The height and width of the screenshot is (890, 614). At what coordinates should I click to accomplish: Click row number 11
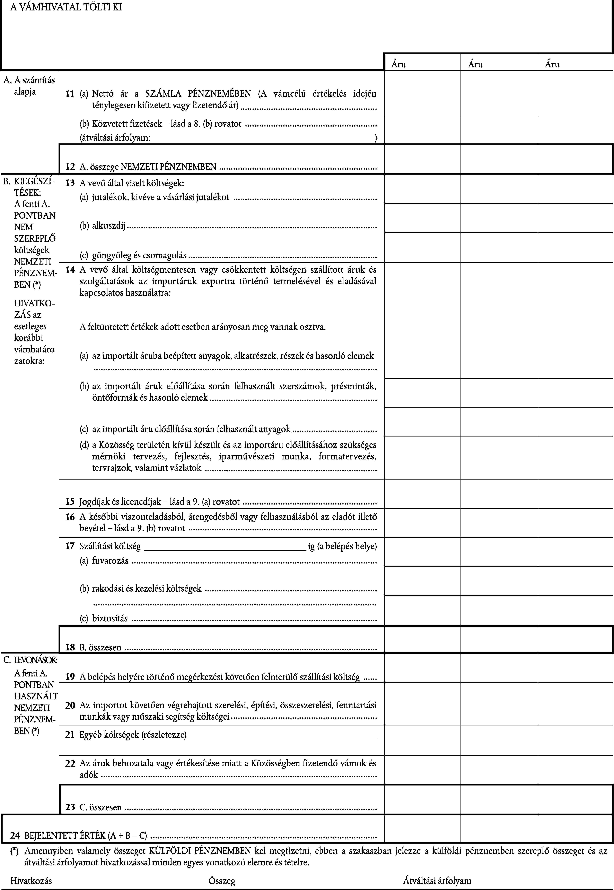click(70, 94)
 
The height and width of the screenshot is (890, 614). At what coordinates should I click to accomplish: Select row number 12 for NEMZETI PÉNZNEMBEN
click(70, 167)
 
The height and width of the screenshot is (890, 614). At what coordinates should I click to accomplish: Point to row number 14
click(70, 270)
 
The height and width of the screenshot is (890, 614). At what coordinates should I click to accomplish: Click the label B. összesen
click(100, 648)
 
